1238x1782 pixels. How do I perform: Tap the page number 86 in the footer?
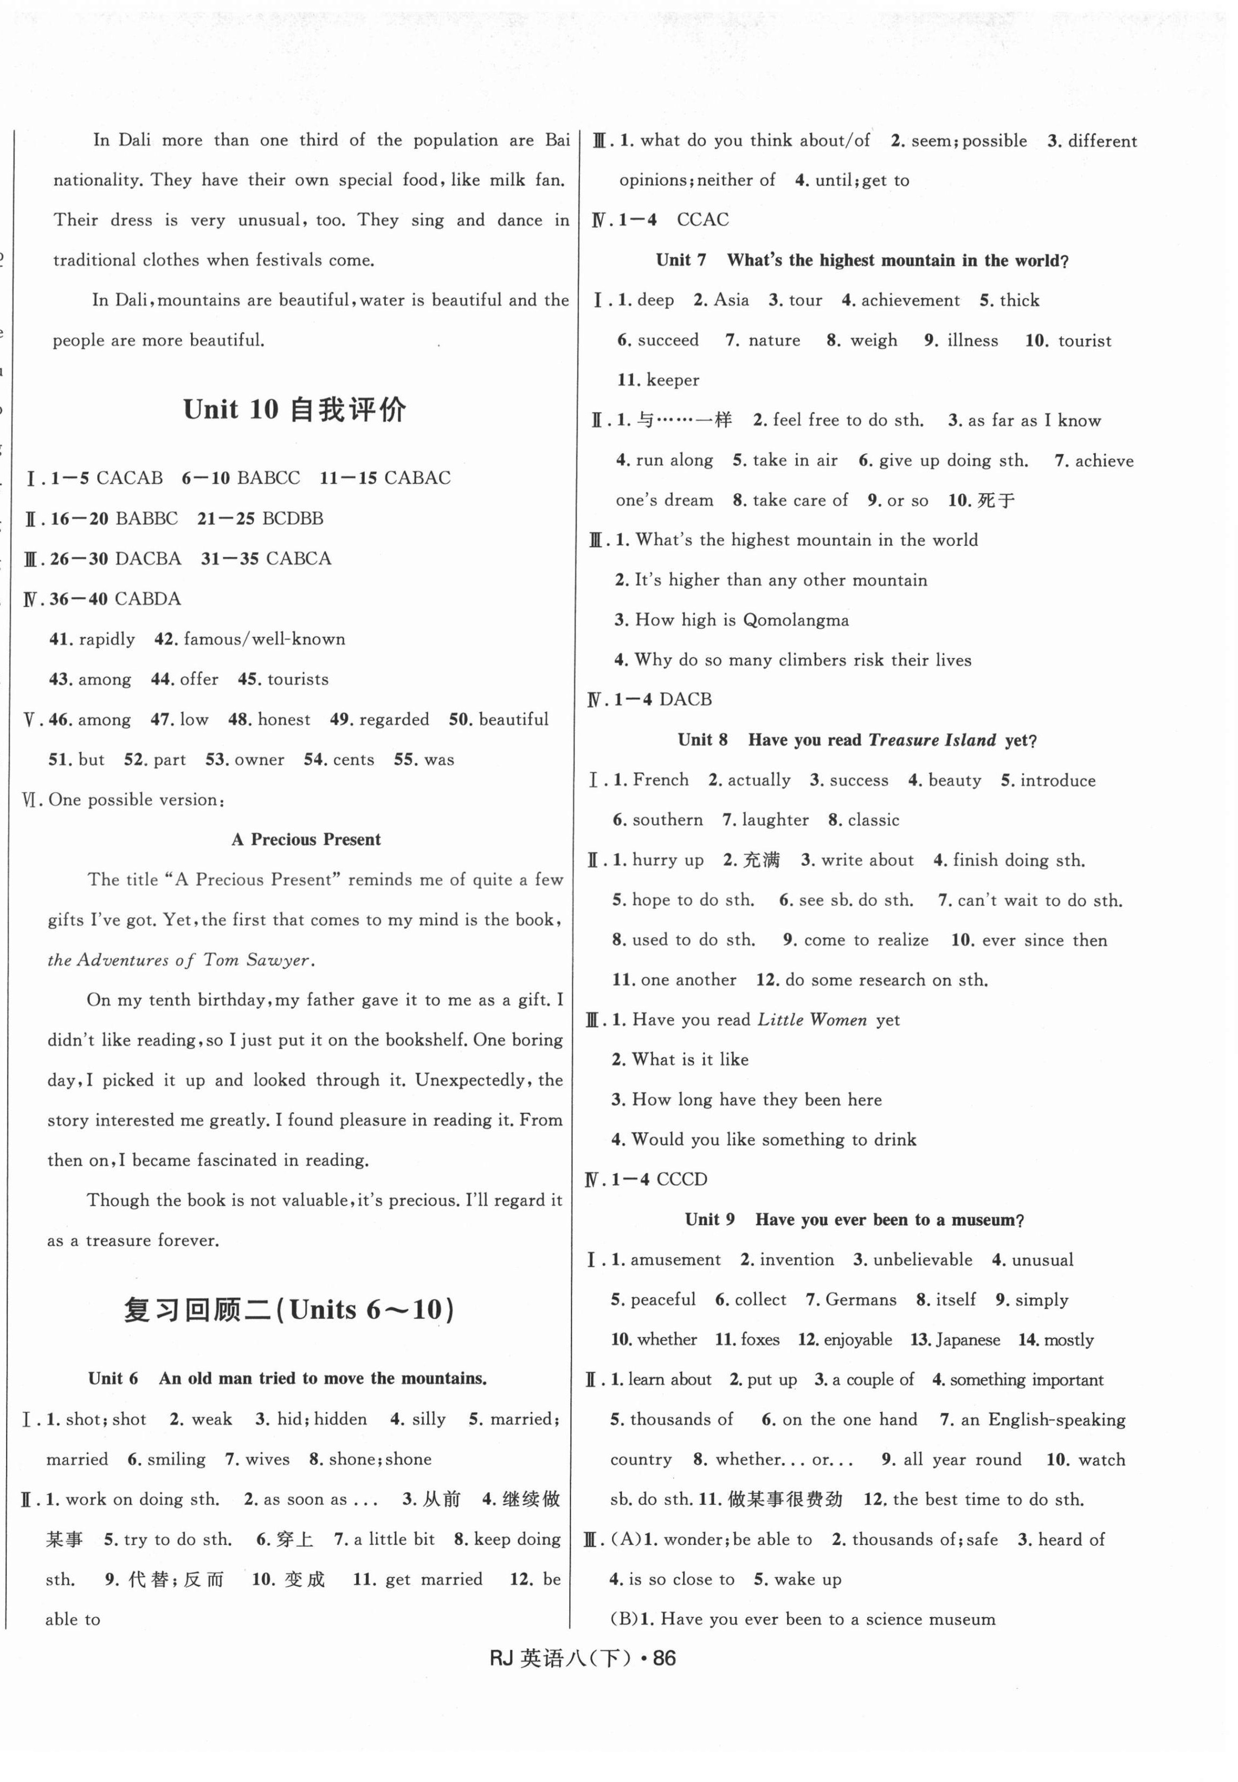pos(664,1658)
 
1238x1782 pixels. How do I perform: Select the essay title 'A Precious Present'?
pos(306,839)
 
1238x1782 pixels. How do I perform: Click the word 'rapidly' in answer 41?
pos(106,639)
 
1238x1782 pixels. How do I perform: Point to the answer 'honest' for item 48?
pos(284,720)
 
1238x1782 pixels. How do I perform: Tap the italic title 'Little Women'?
pos(811,1020)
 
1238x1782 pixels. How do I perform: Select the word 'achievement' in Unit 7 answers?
pos(910,300)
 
